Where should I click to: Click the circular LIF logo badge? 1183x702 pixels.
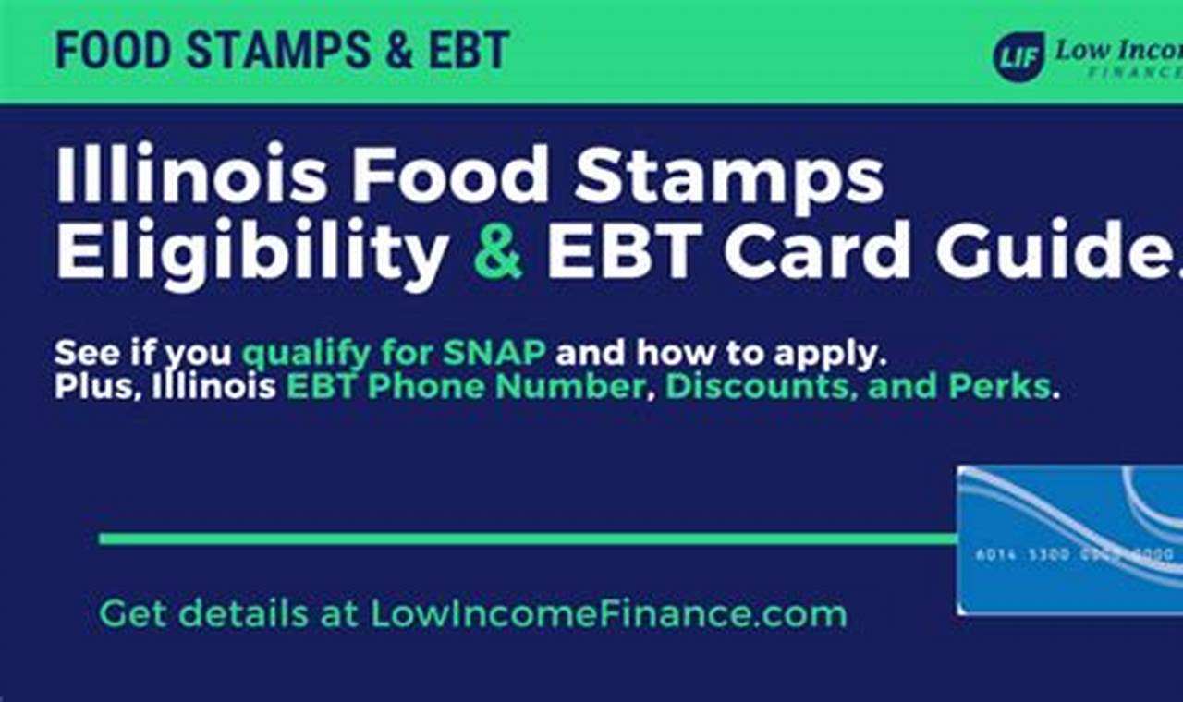tap(1018, 55)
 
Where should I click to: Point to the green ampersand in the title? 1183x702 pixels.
tap(498, 250)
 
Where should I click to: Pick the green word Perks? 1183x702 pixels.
tap(1006, 385)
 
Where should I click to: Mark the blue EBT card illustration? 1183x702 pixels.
tap(1070, 540)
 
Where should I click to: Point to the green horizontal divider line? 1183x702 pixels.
tap(527, 539)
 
